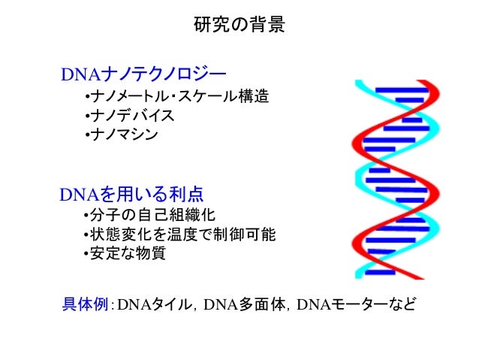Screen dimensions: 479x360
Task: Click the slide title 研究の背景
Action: [x=239, y=25]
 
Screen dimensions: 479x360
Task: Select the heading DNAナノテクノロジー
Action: [x=143, y=74]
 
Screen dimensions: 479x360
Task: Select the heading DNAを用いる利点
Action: [x=131, y=194]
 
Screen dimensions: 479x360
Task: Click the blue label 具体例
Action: [x=86, y=304]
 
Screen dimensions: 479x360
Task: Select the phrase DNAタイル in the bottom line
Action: [x=154, y=304]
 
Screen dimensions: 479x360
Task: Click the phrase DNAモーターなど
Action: [x=356, y=304]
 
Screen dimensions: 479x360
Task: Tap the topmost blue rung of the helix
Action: [x=401, y=90]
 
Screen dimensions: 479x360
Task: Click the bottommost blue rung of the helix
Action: [x=380, y=272]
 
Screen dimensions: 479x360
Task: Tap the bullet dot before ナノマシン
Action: [x=87, y=135]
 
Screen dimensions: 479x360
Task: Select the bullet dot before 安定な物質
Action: [x=86, y=253]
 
